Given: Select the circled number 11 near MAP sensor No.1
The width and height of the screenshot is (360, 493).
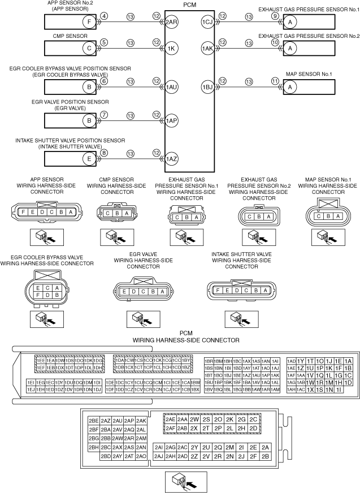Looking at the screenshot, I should pyautogui.click(x=275, y=80).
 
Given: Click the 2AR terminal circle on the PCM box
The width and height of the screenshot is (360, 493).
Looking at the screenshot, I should pyautogui.click(x=172, y=23).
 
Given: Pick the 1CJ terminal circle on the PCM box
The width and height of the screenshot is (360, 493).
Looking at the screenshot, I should pyautogui.click(x=206, y=23).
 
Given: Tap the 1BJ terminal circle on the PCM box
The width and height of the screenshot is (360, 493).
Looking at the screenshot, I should pyautogui.click(x=206, y=87).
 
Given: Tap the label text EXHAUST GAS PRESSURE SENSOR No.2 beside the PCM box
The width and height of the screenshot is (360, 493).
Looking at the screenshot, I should pyautogui.click(x=309, y=36).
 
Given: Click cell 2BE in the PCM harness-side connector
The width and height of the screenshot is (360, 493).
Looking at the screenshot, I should pyautogui.click(x=94, y=421).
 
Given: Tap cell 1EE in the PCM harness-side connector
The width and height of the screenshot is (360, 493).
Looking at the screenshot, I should pyautogui.click(x=41, y=360).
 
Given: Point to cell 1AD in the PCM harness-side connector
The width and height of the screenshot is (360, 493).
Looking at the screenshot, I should pyautogui.click(x=292, y=361).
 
